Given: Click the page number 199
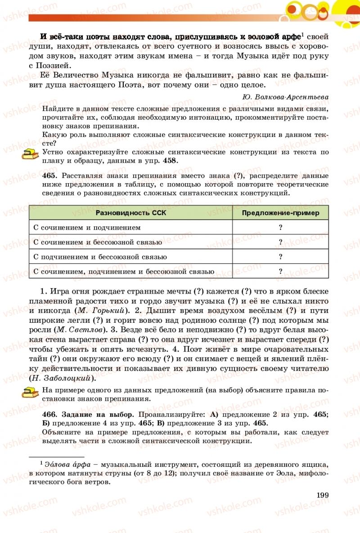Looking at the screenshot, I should pos(323,495).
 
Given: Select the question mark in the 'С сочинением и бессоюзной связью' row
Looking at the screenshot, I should pos(280,242).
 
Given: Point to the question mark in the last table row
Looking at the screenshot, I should pos(280,271).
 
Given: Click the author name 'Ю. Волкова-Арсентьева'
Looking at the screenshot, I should pos(285,97).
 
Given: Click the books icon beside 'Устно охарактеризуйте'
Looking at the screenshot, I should pos(30,154).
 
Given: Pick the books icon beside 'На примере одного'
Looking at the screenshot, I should pos(30,392).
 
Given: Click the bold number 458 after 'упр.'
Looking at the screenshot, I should pos(170,161).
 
